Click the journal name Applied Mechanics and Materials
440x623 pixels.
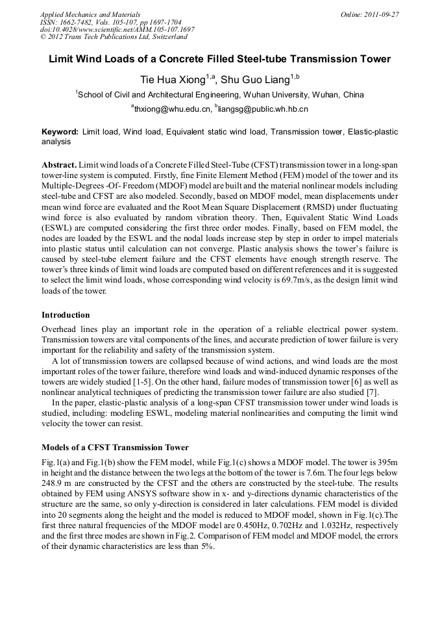[90, 14]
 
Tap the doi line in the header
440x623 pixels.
[117, 29]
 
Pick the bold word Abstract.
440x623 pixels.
[60, 166]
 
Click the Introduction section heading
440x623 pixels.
[66, 314]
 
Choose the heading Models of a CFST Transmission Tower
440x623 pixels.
[115, 447]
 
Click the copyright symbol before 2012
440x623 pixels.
[43, 37]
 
